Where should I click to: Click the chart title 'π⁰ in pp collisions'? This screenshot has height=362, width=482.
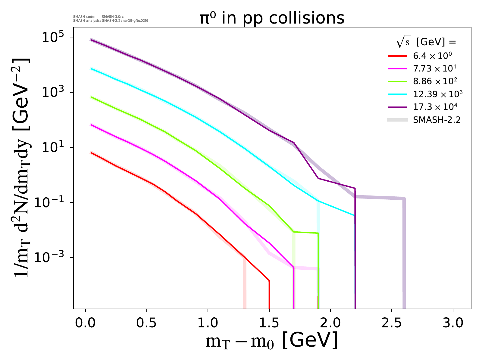(272, 18)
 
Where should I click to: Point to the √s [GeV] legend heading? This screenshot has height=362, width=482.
(426, 43)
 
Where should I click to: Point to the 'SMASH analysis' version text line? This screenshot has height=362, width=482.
(111, 21)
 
